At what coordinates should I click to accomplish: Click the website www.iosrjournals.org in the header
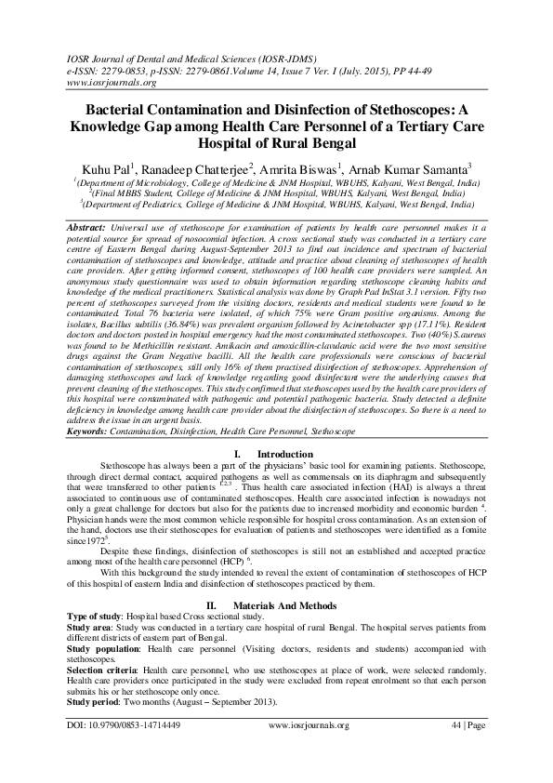(x=101, y=82)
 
